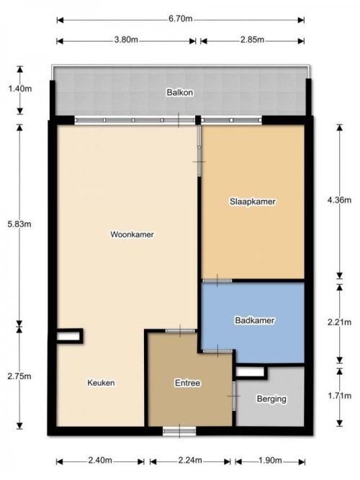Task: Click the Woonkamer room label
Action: [x=132, y=235]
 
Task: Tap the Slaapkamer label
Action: [x=253, y=201]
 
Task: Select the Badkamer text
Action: [x=255, y=320]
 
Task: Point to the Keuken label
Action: [x=101, y=383]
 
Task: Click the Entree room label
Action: [x=187, y=383]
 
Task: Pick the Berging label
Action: [x=271, y=399]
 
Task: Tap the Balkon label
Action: [x=180, y=92]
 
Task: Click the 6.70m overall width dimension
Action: [x=181, y=19]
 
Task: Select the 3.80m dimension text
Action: [x=126, y=40]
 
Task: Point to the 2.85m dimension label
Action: [x=252, y=40]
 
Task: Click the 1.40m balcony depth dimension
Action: [x=20, y=89]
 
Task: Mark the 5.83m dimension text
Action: [x=19, y=224]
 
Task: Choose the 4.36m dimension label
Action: [x=339, y=200]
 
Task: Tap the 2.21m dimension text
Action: [x=339, y=322]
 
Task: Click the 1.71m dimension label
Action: [x=339, y=396]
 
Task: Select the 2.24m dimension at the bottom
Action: [x=190, y=460]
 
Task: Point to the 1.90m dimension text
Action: [x=270, y=460]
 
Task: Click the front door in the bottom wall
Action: [x=179, y=431]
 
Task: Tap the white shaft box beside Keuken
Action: [x=68, y=336]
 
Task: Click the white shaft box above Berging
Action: [x=250, y=372]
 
